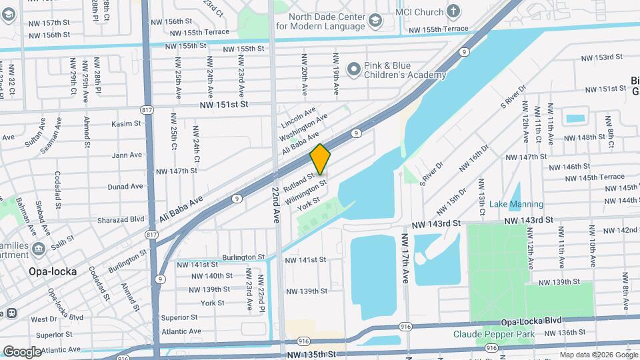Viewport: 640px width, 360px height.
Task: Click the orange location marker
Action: [x=321, y=159]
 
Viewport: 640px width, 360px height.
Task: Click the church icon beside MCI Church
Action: [x=453, y=11]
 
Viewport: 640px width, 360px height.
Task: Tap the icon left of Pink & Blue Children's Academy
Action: [x=353, y=69]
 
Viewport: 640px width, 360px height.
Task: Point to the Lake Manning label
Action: [x=516, y=204]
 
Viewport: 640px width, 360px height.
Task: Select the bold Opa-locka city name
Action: [x=48, y=271]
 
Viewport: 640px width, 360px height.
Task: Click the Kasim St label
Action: [x=127, y=123]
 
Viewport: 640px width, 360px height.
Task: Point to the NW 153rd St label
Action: [x=595, y=58]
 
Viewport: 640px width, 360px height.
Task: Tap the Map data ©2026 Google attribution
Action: [x=597, y=355]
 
